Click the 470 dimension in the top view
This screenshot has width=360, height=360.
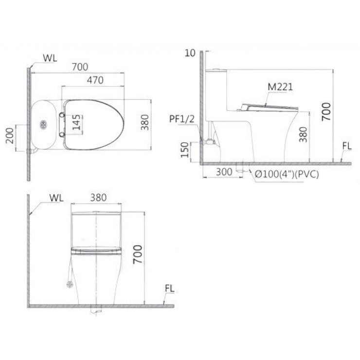tap(95, 81)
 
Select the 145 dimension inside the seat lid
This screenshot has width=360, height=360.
tap(75, 124)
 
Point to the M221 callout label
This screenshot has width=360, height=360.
tap(280, 87)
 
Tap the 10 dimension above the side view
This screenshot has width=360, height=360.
tap(190, 53)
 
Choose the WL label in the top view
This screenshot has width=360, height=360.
tap(50, 57)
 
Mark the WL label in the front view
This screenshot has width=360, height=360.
tap(56, 198)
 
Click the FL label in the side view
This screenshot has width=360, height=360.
tap(347, 145)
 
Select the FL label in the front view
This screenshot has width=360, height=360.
tap(169, 288)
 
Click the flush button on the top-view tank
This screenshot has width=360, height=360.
tap(45, 125)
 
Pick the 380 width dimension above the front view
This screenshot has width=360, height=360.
tap(98, 198)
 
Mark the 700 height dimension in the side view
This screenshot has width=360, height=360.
tap(326, 111)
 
